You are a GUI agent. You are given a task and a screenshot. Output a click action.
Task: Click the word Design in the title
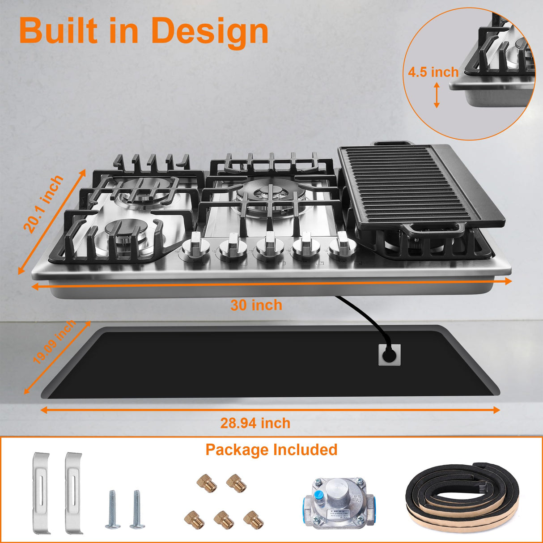210,31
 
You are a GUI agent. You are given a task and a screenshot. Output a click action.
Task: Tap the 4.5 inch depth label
433,72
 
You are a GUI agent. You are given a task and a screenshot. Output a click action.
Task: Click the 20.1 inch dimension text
43,205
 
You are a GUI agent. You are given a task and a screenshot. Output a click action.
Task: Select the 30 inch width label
256,305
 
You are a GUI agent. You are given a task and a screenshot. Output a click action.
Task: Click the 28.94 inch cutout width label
255,423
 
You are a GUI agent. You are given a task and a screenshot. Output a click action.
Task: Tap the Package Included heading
271,450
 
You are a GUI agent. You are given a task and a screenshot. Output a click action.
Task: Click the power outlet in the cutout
389,354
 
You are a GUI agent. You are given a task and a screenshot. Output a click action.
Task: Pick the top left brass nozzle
207,483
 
